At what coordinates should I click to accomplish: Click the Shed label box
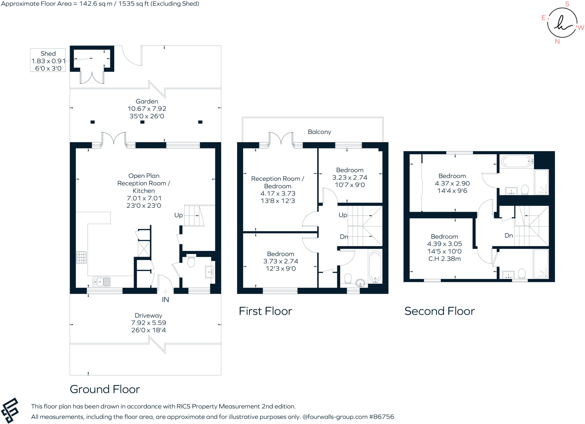(48, 60)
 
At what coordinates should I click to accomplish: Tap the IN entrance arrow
(165, 292)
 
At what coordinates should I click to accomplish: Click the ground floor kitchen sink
(101, 282)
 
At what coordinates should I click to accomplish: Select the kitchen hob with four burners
(81, 257)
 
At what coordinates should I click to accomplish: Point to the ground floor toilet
(191, 261)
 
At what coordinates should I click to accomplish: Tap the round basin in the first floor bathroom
(360, 283)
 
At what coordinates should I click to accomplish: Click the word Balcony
(319, 132)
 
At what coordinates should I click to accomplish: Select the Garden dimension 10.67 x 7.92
(147, 109)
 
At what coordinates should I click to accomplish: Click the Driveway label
(148, 316)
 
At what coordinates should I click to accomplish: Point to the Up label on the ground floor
(179, 215)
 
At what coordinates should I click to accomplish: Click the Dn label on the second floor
(508, 235)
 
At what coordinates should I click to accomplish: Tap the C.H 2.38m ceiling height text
(444, 259)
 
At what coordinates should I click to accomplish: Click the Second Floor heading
(439, 311)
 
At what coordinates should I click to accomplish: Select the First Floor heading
(265, 311)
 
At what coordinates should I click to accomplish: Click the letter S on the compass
(567, 4)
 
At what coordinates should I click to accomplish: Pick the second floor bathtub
(516, 161)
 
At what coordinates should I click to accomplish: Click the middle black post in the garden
(142, 122)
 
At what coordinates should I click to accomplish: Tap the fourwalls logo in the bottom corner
(10, 411)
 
